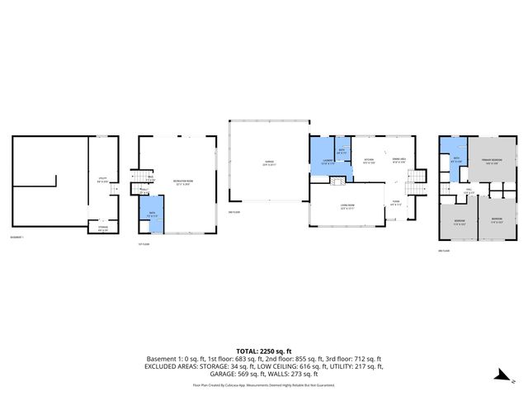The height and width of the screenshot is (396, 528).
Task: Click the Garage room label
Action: [x=266, y=163]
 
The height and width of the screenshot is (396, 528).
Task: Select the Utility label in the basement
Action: [x=102, y=178]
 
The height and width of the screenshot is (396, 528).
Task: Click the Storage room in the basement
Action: [x=103, y=229]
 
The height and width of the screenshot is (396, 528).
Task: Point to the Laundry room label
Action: [x=328, y=162]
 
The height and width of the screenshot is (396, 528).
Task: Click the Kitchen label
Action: [x=370, y=160]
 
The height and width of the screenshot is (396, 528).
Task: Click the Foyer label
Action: [x=396, y=203]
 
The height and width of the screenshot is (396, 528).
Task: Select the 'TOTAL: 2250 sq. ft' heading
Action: [x=264, y=351]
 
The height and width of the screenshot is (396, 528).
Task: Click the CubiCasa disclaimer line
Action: [x=264, y=384]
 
